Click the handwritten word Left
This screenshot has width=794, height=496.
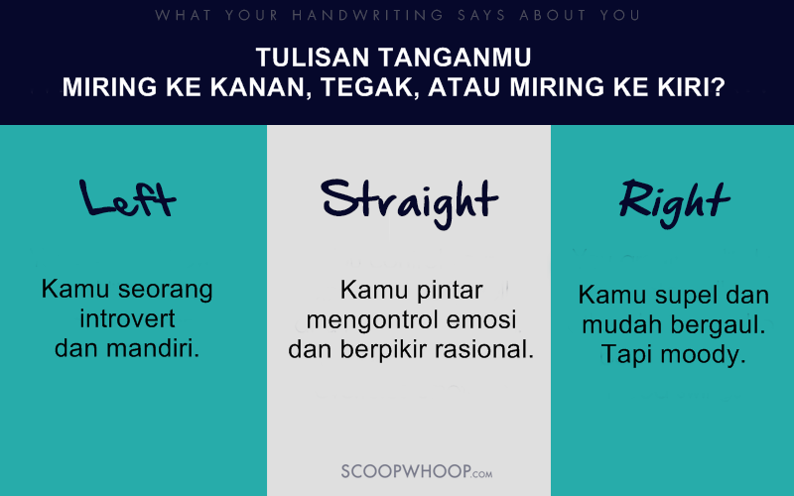coord(128,199)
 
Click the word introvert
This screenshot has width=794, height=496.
coord(127,319)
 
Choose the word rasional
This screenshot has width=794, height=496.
coord(482,349)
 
